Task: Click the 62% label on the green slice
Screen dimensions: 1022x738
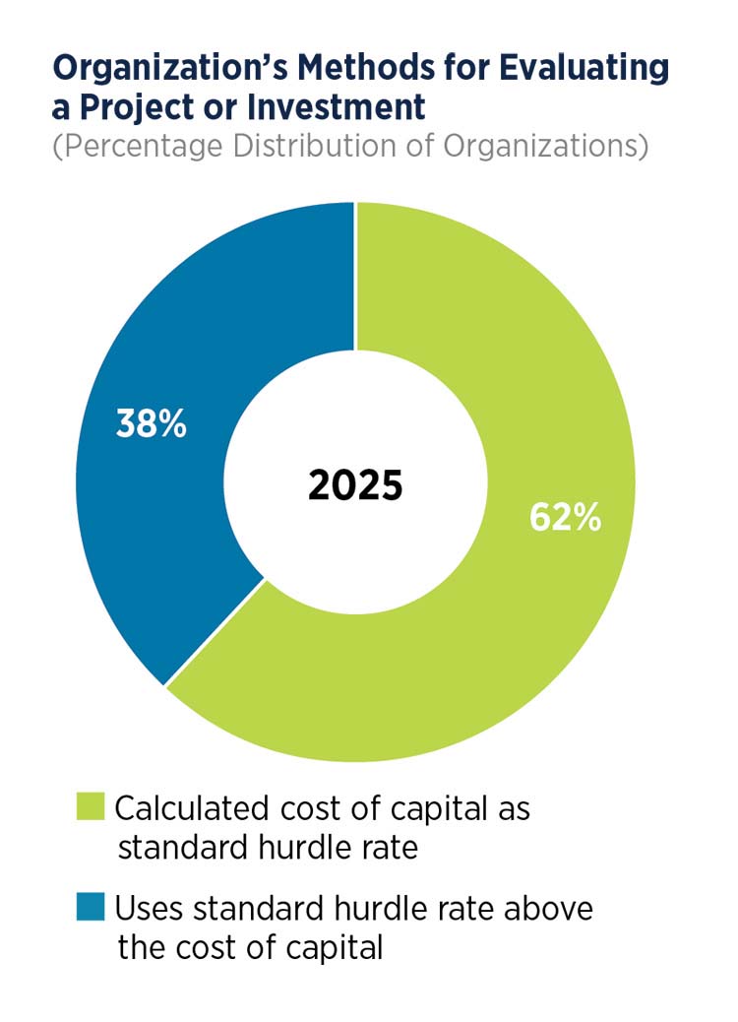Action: click(564, 517)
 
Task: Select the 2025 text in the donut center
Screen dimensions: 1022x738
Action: click(355, 485)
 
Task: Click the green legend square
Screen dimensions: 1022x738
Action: click(92, 808)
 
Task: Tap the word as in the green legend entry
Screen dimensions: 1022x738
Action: click(514, 808)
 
